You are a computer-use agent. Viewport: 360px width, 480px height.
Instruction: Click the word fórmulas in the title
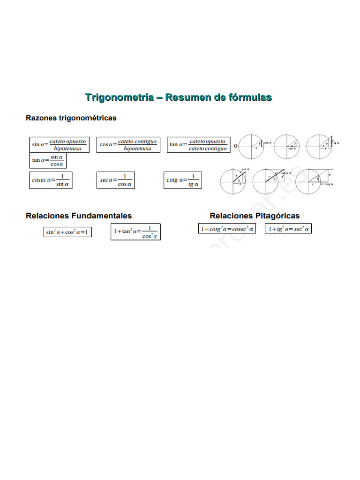click(250, 97)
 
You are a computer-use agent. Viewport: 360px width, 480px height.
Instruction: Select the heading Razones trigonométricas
click(71, 118)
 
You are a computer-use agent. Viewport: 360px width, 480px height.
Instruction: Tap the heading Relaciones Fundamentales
click(79, 216)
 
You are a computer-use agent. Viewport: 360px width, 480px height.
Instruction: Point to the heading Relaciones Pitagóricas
click(255, 216)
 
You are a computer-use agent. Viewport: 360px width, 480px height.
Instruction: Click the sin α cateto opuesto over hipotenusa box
click(59, 145)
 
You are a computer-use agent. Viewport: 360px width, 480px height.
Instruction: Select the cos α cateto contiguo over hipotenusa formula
click(128, 145)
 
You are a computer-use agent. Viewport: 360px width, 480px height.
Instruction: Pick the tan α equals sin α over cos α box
click(48, 160)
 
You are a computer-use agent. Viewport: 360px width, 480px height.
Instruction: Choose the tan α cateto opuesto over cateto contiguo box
click(198, 145)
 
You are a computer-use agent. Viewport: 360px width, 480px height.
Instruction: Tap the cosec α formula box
click(51, 180)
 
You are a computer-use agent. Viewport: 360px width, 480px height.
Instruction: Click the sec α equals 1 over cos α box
click(116, 180)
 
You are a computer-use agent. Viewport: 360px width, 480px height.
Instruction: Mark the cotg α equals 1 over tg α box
click(183, 180)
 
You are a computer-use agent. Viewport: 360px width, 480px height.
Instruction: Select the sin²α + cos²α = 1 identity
click(67, 232)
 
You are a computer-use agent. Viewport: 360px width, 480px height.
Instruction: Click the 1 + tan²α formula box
click(135, 232)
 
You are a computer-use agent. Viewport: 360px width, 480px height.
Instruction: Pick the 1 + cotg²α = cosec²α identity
click(227, 229)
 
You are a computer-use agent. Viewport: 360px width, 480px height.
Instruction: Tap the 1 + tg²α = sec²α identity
click(288, 229)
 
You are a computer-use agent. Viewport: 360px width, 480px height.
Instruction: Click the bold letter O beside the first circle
click(235, 146)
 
